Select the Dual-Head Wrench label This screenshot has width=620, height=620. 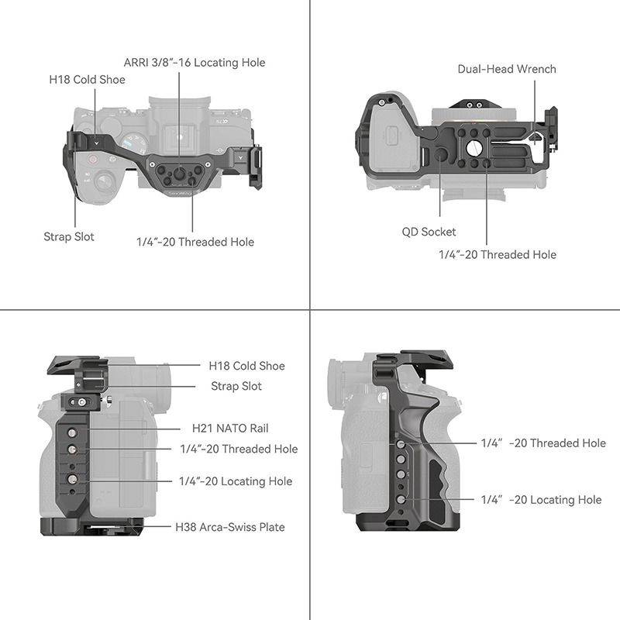[506, 69]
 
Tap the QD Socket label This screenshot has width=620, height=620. [429, 231]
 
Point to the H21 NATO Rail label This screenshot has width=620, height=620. [230, 428]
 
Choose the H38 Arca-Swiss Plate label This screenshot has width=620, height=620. [229, 527]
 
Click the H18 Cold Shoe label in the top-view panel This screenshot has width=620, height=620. [87, 79]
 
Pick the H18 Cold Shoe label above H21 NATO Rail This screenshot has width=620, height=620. [246, 366]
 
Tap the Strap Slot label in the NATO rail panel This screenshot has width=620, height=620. [236, 386]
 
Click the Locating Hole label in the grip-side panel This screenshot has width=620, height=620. [541, 500]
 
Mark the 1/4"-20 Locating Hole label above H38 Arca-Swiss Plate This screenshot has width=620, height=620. [236, 481]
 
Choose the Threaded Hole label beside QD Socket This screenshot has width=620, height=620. [497, 254]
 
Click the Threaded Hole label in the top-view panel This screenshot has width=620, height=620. [195, 242]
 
